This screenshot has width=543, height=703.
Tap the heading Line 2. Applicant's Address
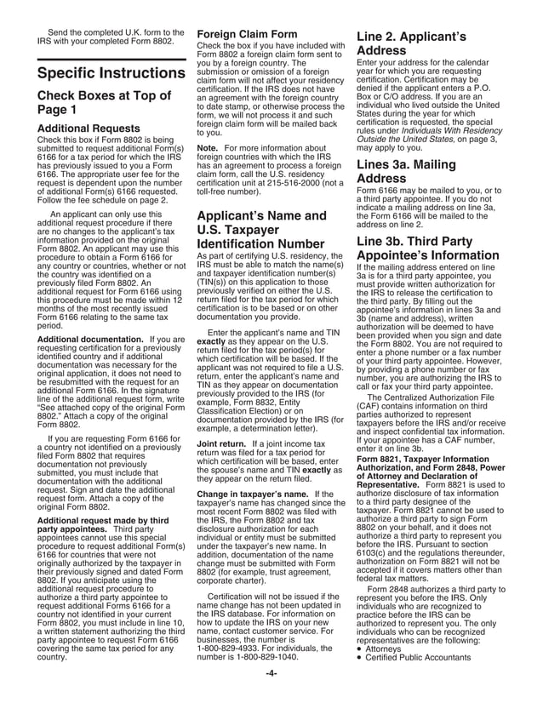pyautogui.click(x=413, y=45)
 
